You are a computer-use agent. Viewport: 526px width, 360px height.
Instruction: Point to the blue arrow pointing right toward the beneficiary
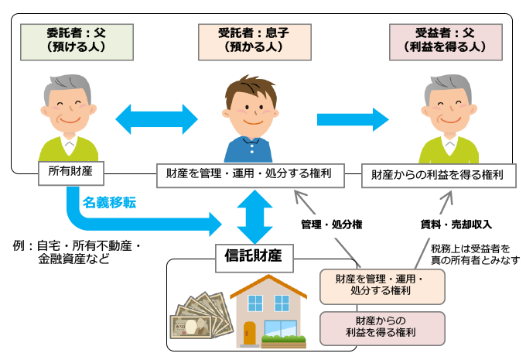click(x=352, y=118)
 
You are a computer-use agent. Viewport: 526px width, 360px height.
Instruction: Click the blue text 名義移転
click(x=111, y=203)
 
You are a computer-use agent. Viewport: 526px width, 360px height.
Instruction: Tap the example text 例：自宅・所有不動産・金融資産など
click(x=77, y=252)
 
